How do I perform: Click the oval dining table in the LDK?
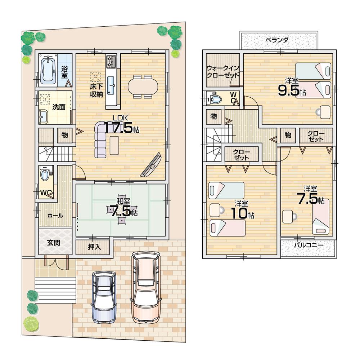[x=143, y=87]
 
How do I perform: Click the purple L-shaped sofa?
[x=101, y=139]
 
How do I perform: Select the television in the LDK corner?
[x=151, y=165]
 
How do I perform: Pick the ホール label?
[x=55, y=216]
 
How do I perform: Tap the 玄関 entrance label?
[x=54, y=242]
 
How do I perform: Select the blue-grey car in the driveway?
[x=104, y=297]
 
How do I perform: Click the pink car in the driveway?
[x=145, y=287]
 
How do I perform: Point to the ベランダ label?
[x=276, y=40]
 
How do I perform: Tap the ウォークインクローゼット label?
[x=222, y=71]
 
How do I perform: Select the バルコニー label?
[x=308, y=245]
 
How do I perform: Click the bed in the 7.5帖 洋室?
[x=320, y=216]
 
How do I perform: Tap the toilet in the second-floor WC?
[x=216, y=98]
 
